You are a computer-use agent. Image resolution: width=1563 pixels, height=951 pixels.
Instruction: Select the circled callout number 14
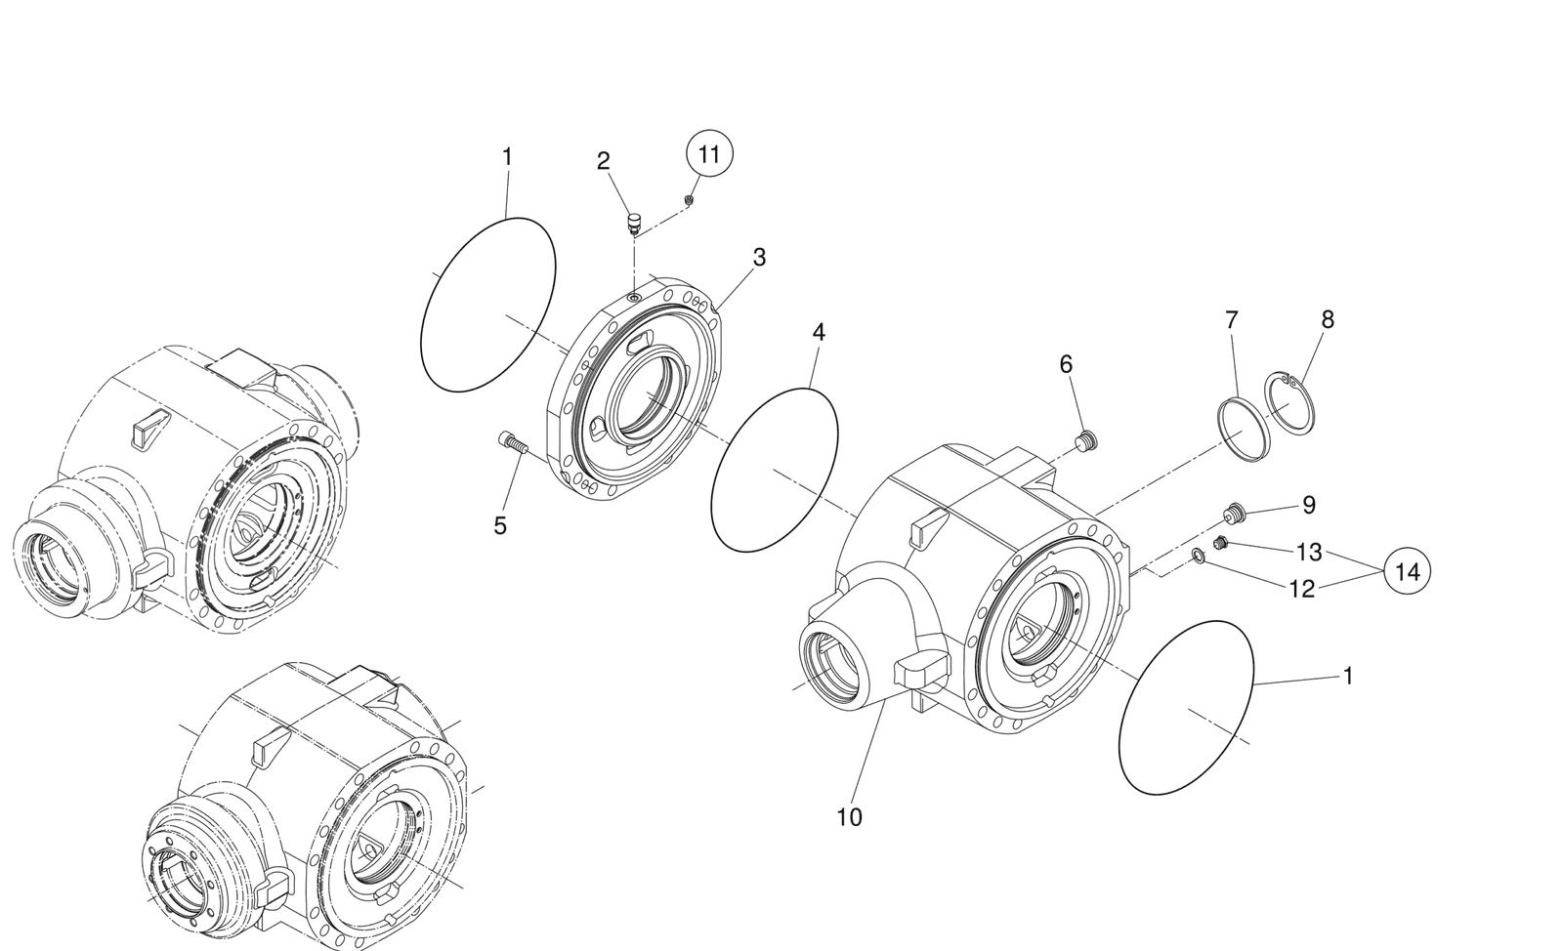point(1407,572)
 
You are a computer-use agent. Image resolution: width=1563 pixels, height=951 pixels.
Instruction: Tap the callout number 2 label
point(604,161)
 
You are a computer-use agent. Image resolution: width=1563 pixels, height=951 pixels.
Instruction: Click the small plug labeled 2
point(633,224)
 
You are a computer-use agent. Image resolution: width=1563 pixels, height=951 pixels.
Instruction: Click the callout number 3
point(758,258)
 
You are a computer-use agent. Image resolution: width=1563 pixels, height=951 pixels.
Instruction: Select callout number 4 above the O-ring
point(819,332)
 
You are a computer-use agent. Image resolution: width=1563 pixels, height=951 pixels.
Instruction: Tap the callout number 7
point(1231,319)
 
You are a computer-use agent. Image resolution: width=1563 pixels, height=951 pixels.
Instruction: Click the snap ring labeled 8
point(1292,402)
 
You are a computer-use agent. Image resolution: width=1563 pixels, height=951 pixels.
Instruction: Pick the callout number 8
point(1327,319)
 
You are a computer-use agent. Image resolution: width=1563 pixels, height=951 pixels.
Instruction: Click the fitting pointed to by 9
point(1237,511)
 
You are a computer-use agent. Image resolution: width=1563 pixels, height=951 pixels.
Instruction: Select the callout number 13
point(1309,553)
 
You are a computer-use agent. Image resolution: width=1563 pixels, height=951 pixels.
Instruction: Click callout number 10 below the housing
point(849,817)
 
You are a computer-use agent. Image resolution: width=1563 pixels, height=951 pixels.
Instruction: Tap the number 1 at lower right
point(1348,676)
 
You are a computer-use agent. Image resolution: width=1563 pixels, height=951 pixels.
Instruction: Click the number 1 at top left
point(507,156)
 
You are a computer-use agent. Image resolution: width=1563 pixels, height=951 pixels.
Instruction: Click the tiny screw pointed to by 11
point(690,200)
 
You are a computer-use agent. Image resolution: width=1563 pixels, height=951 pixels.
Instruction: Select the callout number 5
point(500,526)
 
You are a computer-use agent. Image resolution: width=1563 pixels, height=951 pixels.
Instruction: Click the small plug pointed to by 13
point(1220,543)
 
